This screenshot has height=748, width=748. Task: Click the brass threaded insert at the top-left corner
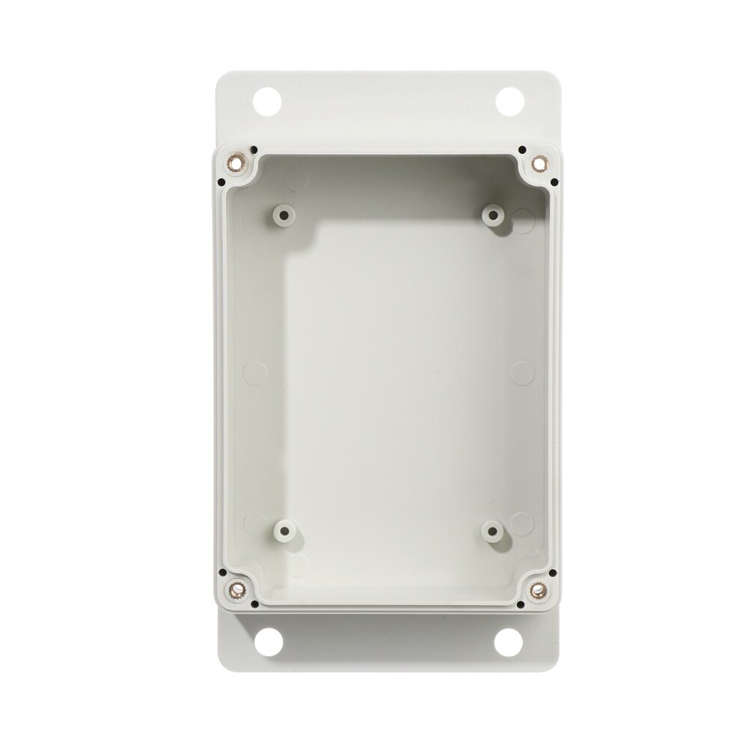239,160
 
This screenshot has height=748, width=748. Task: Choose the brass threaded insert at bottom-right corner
537,589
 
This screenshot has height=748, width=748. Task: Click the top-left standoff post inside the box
283,215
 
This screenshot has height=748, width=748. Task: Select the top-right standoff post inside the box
493,215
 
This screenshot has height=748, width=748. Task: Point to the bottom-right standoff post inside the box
493,532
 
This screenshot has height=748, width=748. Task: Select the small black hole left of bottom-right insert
521,602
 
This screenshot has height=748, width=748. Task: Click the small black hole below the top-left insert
223,180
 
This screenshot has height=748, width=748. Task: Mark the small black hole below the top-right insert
553,180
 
